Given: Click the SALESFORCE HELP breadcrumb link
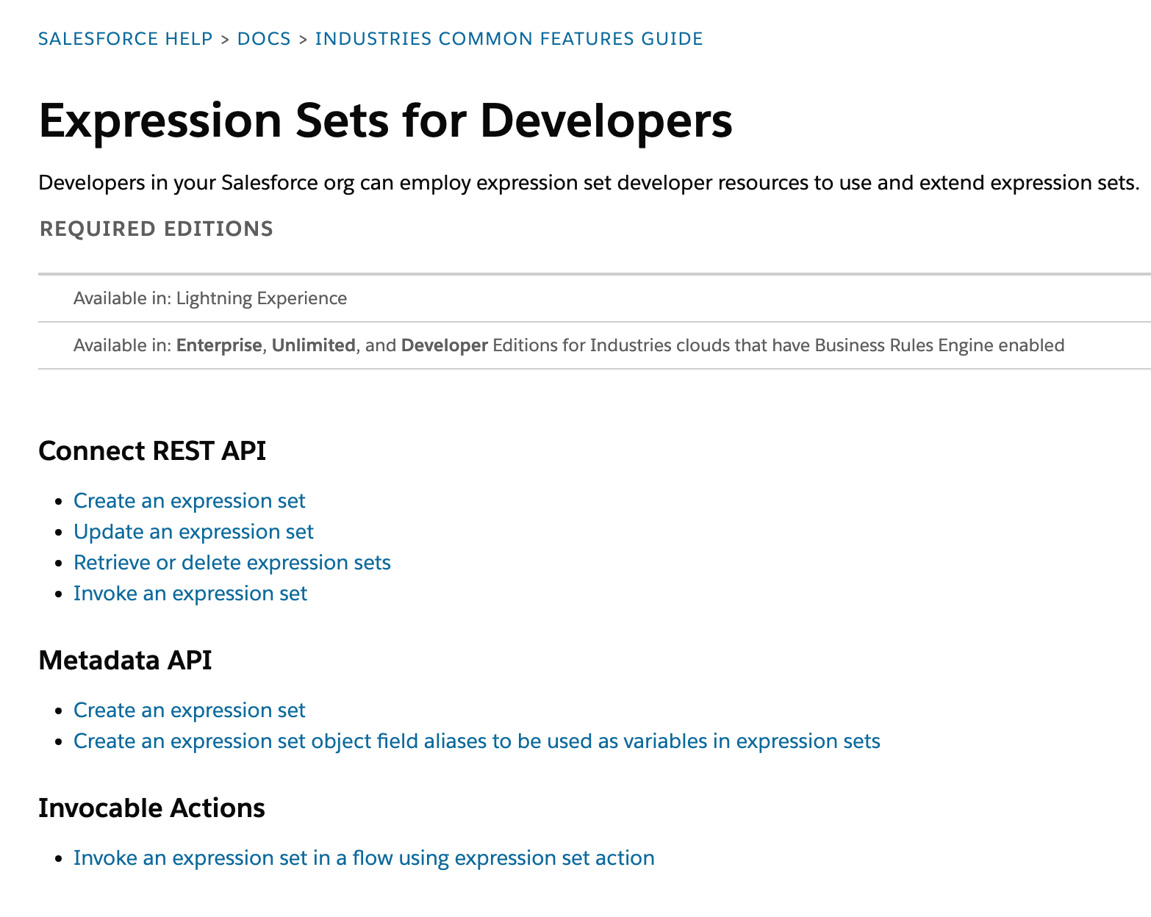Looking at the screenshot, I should coord(125,39).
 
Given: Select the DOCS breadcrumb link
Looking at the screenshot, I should coord(264,39).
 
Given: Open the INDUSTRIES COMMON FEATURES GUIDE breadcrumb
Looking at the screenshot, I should coord(509,39).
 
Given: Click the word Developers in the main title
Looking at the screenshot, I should coord(606,121).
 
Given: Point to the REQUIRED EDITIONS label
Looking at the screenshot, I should coord(157,229).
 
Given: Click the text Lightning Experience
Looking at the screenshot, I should coord(261,298).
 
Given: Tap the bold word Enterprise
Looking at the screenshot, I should coord(219,345).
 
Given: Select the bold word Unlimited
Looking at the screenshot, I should coord(314,345).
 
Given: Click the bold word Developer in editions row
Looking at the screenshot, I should coord(444,345).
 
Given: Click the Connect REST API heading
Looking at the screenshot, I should coord(152,451).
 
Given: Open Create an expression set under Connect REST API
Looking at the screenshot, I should coord(189,501).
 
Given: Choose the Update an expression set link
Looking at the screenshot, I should coord(193,532).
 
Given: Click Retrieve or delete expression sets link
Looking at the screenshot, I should coord(232,563).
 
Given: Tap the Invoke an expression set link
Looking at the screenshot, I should coord(190,594).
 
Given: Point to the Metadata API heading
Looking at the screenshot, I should coord(125,661).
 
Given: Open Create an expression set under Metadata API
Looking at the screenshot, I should coord(189,711).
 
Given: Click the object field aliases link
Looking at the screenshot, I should coord(476,741).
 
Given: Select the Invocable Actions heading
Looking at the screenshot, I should coord(151,808).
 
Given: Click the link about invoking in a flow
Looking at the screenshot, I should coord(364,858).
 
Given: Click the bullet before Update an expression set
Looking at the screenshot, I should coord(60,533).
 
